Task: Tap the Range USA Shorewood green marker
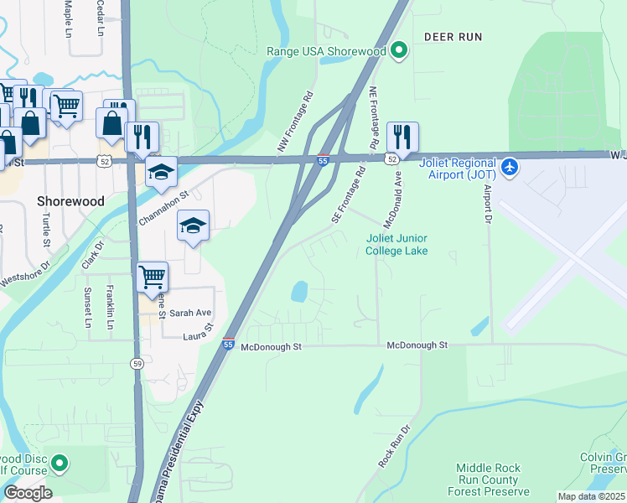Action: tap(400, 51)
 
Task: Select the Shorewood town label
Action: tap(70, 202)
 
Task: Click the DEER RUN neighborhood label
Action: tap(453, 37)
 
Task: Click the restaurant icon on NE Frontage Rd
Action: tap(402, 137)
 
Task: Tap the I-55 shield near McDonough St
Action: tap(229, 344)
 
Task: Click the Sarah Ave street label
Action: tap(190, 313)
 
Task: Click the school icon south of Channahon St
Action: tap(193, 226)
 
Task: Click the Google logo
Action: tap(28, 493)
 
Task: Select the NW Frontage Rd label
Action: tap(295, 122)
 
